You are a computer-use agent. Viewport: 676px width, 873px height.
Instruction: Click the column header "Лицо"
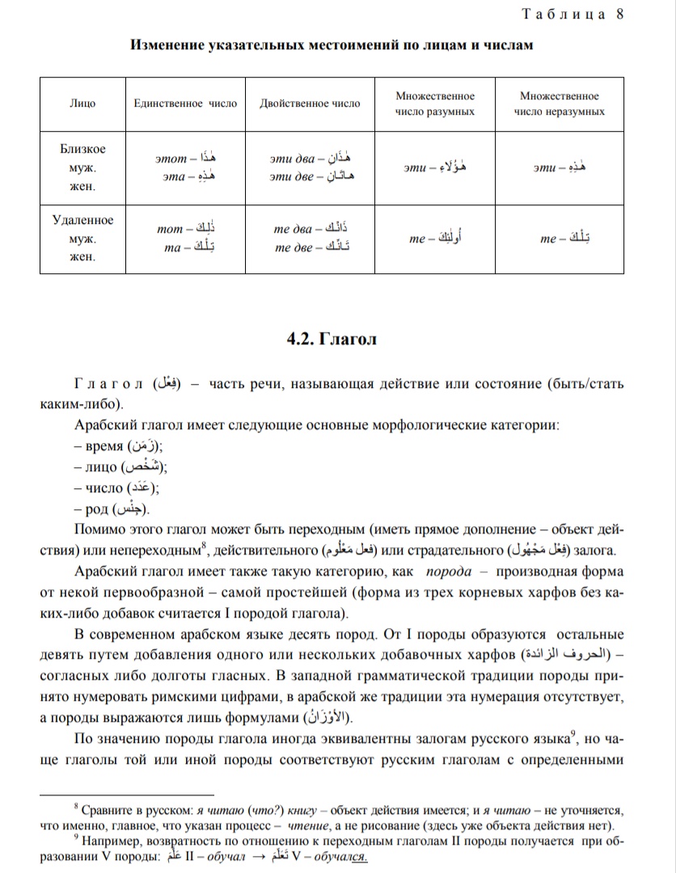(x=82, y=103)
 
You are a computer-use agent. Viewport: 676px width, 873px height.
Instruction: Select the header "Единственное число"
(x=185, y=103)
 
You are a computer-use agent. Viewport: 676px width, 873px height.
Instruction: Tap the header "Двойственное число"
(x=311, y=103)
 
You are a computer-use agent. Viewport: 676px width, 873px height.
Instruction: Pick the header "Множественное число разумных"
(x=434, y=103)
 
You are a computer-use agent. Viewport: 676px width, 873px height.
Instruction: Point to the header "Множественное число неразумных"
(x=559, y=103)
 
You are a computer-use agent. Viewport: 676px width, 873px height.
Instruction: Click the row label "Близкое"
(x=82, y=150)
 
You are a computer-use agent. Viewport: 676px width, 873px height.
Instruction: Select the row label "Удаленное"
(x=82, y=221)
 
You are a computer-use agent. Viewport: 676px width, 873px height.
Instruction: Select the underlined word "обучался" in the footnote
(x=343, y=858)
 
